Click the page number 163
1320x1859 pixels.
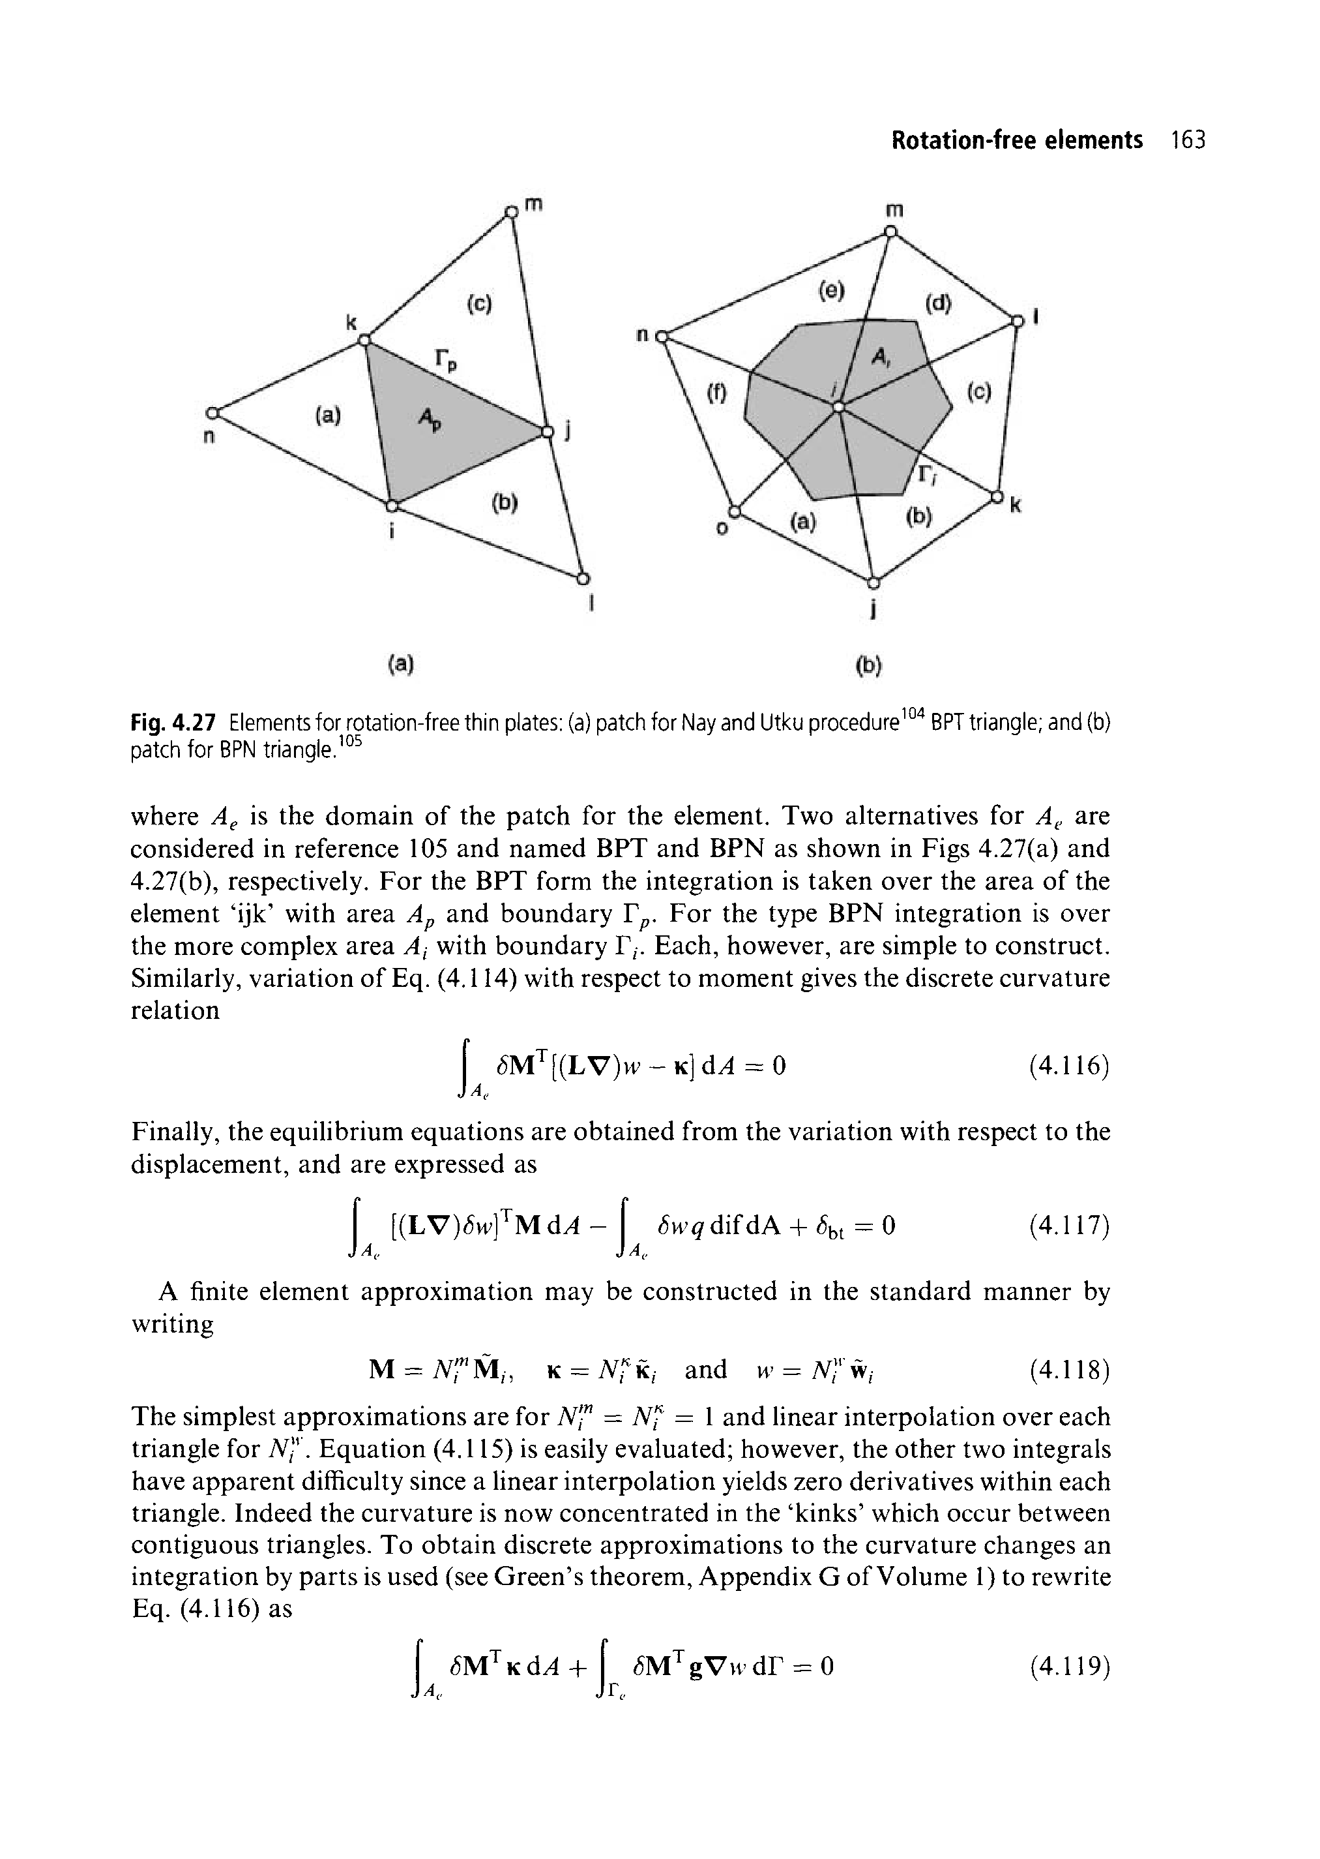[1188, 141]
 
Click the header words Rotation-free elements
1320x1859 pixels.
[1016, 141]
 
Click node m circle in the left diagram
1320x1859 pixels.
[510, 212]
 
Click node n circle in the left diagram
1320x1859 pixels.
[213, 412]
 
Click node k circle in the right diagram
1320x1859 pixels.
[995, 495]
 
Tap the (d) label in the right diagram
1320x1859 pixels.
[937, 303]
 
